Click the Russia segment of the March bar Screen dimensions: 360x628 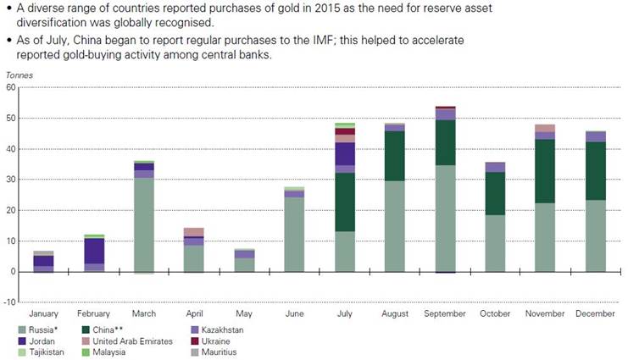(x=144, y=224)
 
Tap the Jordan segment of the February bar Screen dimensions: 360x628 (x=94, y=251)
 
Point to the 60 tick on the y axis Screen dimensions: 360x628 (x=11, y=87)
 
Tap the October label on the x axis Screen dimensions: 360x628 (x=495, y=314)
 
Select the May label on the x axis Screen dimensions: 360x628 (x=244, y=314)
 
